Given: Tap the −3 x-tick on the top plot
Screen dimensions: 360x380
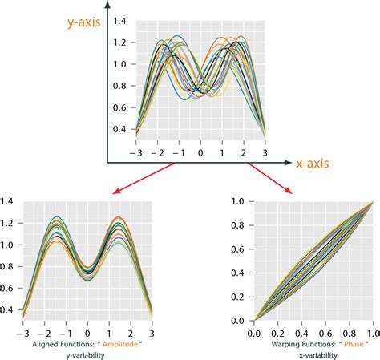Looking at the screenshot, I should click(x=135, y=152).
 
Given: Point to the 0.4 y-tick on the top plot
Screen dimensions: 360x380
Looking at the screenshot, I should click(x=119, y=129).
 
